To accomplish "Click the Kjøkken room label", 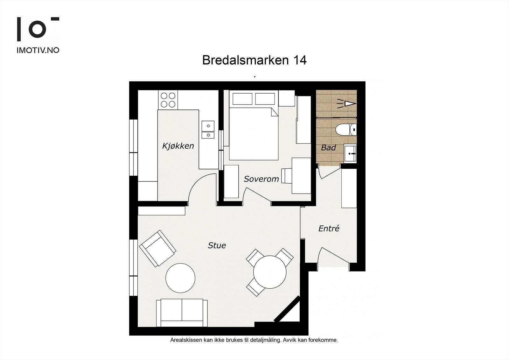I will click(178, 146).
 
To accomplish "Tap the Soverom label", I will click(261, 179).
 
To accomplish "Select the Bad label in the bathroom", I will click(328, 148).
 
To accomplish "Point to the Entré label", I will click(329, 228).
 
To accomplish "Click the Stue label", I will click(217, 245).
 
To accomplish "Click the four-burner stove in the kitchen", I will click(168, 100).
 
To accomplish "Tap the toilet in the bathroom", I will click(345, 130).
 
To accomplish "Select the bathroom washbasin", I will click(350, 153).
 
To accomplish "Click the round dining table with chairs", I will click(270, 272).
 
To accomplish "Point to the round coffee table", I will click(180, 278).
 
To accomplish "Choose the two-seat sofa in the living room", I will click(182, 313).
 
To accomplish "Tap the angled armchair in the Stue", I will click(157, 249).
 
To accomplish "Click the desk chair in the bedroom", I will click(286, 176).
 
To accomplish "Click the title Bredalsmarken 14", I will click(254, 60).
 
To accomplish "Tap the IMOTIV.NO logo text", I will click(38, 50).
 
